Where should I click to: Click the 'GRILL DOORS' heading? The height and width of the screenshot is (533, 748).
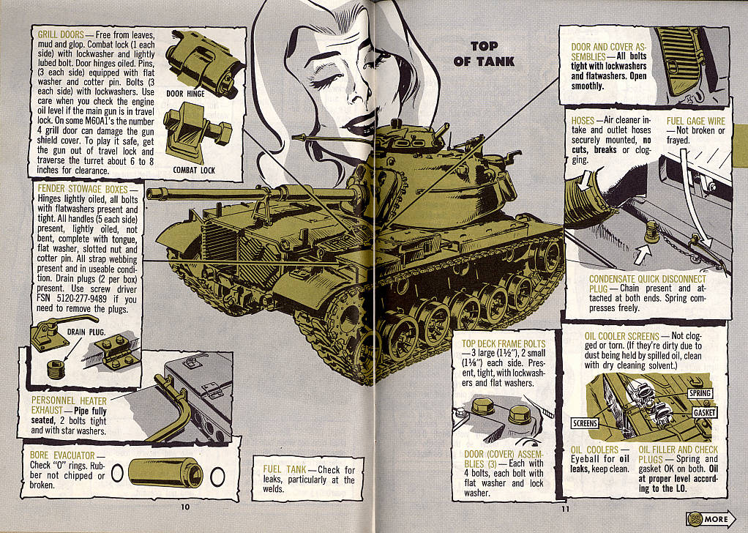point(61,34)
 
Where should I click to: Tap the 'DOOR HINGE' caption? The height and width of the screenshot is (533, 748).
point(186,94)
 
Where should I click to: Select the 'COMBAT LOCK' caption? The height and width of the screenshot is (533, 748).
point(194,170)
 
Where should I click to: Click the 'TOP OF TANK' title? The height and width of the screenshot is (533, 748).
point(485,53)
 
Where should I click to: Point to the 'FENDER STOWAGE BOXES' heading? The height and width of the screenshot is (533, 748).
point(83,189)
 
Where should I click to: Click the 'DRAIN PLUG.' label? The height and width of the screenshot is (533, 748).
point(86,332)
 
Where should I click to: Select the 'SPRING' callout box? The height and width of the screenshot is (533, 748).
point(700,393)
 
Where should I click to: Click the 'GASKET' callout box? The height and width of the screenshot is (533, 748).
point(705,413)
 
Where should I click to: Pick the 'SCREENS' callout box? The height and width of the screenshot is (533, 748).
point(585,423)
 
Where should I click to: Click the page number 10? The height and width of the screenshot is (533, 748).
point(185,507)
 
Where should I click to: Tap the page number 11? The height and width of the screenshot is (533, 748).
point(565,509)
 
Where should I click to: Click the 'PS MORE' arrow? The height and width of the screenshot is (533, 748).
point(711,518)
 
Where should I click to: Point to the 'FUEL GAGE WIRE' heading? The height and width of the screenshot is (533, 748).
point(696,122)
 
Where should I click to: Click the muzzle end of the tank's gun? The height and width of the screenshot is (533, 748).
point(150,194)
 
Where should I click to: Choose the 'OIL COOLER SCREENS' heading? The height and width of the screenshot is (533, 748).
point(622,336)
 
